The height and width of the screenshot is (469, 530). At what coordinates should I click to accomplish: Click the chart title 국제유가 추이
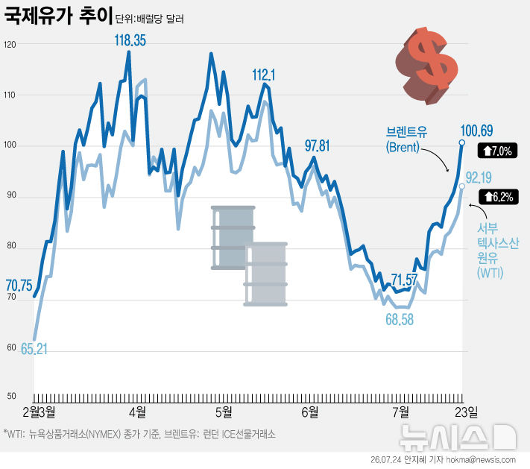click(58, 16)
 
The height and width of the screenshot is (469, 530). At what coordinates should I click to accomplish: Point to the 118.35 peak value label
click(130, 40)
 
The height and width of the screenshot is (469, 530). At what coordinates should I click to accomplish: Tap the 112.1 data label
click(264, 75)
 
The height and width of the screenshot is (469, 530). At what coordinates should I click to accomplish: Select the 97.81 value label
click(317, 146)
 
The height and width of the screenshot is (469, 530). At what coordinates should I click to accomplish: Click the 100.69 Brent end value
click(476, 130)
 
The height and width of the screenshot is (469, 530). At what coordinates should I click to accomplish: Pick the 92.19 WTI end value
click(479, 178)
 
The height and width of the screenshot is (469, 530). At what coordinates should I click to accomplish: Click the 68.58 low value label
click(400, 320)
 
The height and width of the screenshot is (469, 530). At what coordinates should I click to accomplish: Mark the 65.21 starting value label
click(34, 349)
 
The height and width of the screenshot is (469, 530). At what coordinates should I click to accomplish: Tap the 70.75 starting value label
click(19, 286)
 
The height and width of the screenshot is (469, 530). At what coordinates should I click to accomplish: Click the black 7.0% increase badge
click(497, 151)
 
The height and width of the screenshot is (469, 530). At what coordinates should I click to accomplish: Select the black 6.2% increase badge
click(499, 196)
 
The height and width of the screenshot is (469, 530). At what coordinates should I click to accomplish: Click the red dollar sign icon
click(426, 66)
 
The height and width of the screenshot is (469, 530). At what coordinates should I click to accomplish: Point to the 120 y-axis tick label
click(10, 44)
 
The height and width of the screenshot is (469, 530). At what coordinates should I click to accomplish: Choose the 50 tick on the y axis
click(11, 396)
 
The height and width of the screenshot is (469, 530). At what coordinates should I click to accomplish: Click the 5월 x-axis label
click(224, 412)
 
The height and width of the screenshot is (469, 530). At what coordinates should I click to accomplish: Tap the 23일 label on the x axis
click(467, 412)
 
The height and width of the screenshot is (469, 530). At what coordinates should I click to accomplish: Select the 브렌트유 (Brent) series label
click(406, 139)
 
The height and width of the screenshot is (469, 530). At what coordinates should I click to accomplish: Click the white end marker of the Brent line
click(461, 142)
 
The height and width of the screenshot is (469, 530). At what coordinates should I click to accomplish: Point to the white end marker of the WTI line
click(461, 186)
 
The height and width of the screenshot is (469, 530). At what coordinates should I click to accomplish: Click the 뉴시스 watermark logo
click(458, 437)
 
